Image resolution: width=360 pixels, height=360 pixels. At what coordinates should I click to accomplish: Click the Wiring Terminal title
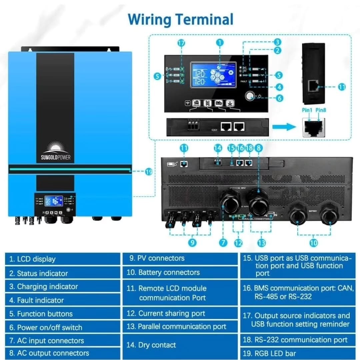tap(180, 19)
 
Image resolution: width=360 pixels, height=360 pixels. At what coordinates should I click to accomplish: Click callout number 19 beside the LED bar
tap(149, 172)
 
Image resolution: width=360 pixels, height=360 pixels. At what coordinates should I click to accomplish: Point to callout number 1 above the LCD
tap(220, 42)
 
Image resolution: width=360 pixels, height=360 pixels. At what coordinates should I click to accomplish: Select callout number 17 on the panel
tap(181, 44)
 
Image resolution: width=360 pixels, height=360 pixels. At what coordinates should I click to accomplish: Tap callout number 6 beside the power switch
tap(279, 98)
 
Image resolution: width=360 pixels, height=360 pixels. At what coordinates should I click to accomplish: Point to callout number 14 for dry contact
tap(218, 148)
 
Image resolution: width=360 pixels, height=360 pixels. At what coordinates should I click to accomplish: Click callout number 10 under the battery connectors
tap(313, 243)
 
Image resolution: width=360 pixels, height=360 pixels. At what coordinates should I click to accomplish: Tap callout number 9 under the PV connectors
tap(192, 243)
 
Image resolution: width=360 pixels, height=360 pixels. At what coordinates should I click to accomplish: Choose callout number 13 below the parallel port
tap(261, 243)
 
